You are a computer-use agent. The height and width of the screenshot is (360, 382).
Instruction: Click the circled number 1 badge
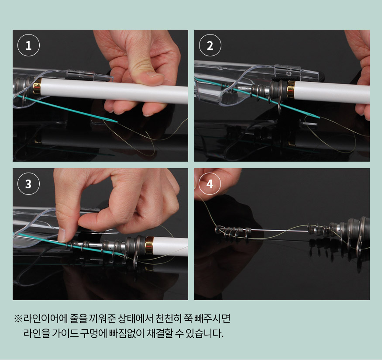[28, 45]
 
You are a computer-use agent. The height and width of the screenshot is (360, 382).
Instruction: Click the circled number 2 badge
[210, 45]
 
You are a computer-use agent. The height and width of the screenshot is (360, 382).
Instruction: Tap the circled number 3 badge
[28, 183]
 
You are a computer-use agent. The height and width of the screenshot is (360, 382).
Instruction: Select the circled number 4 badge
[210, 183]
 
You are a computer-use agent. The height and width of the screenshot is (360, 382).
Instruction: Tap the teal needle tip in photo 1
[117, 121]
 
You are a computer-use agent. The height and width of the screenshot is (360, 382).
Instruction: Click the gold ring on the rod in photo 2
[291, 90]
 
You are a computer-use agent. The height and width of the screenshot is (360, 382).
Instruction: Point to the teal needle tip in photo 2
[320, 118]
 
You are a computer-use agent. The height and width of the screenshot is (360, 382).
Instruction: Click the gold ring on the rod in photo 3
[149, 245]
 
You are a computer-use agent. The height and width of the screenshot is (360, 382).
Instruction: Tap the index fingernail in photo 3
[62, 235]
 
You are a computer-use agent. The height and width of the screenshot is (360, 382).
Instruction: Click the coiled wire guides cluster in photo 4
[233, 232]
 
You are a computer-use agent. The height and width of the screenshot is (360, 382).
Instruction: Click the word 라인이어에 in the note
[45, 318]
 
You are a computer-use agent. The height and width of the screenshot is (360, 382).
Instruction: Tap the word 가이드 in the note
[65, 333]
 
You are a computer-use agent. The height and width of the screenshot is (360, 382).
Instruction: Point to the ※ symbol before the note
[18, 318]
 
